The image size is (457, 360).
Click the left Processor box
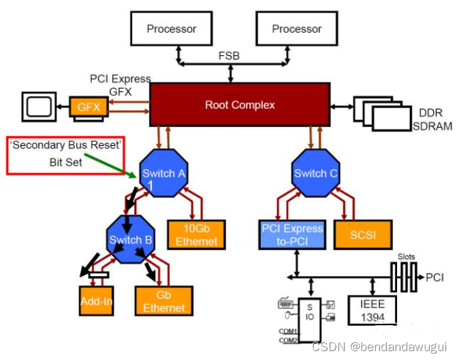pos(172,29)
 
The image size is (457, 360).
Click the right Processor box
pos(296,29)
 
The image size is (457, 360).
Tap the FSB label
pos(228,55)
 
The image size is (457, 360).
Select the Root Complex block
pos(240,105)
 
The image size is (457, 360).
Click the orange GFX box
pos(87,107)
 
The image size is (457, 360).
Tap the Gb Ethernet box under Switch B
pos(163,301)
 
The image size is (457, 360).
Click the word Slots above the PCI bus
pos(407,256)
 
